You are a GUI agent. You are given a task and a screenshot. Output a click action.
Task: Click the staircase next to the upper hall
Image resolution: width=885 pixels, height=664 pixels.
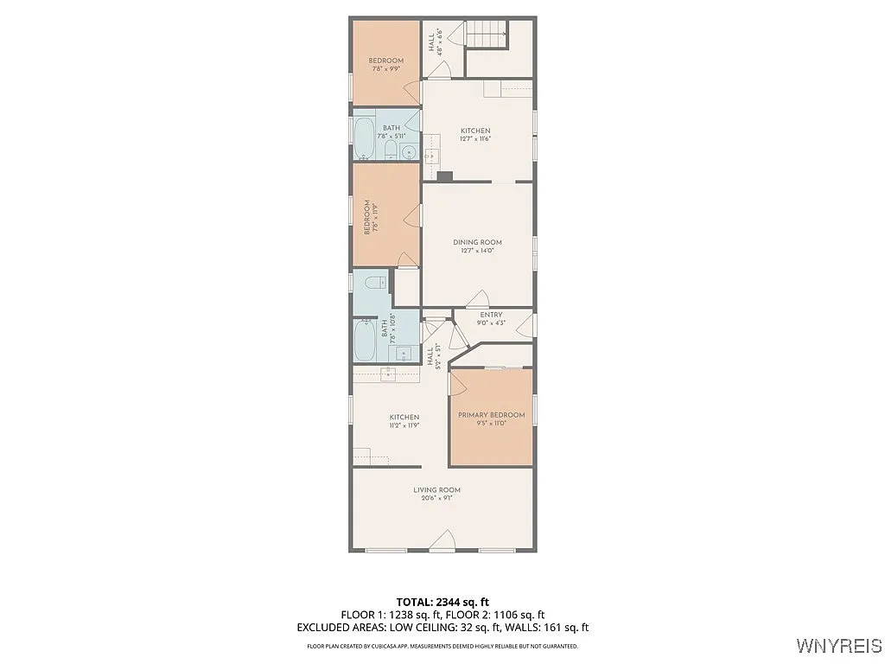pos(486,35)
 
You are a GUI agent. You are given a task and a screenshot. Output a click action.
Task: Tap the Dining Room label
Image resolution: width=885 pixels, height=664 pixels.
pos(477,242)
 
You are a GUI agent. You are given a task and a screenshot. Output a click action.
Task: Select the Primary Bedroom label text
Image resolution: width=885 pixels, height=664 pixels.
pos(491,415)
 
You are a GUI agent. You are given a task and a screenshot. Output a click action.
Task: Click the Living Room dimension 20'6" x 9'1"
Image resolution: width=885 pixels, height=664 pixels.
pos(436,497)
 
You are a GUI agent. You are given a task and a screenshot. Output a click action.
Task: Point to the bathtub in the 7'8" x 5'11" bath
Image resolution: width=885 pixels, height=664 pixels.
pos(364,138)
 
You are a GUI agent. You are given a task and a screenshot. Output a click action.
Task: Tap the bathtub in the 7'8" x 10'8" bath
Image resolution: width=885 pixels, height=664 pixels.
pos(364,341)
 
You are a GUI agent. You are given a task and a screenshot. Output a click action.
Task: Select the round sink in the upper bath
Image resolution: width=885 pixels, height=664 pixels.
pos(409,153)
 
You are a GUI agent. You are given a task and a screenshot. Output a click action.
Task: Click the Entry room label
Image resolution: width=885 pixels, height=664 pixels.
pos(491,315)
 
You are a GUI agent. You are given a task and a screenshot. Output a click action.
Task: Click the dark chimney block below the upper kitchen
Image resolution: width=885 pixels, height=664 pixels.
pos(445,176)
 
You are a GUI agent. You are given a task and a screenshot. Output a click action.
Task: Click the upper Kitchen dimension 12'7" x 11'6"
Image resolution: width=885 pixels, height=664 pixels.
pos(474,139)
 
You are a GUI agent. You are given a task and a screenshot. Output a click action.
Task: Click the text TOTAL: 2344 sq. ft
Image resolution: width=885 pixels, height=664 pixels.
pos(442,601)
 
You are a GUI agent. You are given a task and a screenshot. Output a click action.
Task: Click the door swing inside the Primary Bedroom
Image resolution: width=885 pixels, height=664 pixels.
pos(495,370)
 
